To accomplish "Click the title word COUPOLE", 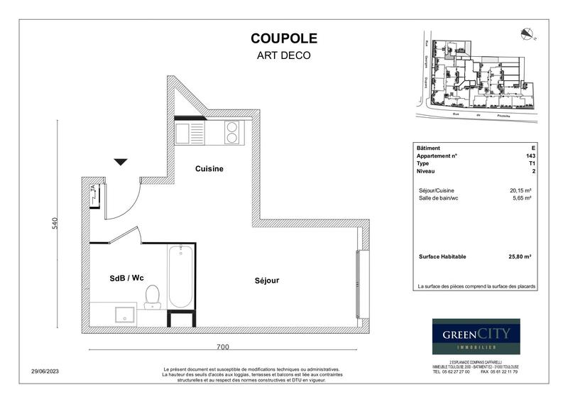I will (x=284, y=38).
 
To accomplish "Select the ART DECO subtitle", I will (x=284, y=55).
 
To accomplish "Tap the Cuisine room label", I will (x=209, y=169).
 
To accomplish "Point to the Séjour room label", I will (x=267, y=281).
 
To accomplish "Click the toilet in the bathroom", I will (x=153, y=296).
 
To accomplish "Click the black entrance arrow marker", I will (x=121, y=162).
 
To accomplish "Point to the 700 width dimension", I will (x=222, y=347).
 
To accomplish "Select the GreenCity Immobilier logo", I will (x=476, y=336).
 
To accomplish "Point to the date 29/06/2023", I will (x=46, y=370).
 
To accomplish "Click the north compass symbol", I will (x=527, y=32).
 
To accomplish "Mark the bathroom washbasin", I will (x=123, y=313).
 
